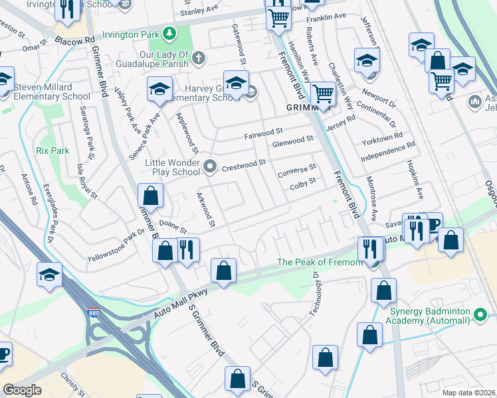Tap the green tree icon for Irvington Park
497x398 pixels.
click(170, 33)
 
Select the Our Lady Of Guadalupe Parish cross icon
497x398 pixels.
click(198, 60)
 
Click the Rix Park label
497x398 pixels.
click(53, 151)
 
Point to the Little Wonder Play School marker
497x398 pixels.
click(210, 166)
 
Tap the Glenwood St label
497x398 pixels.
click(292, 141)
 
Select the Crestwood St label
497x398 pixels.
click(243, 163)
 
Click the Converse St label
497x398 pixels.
click(296, 170)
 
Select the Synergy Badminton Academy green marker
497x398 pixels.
click(480, 316)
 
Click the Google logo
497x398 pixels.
click(22, 390)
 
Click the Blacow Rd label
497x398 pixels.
click(74, 40)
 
